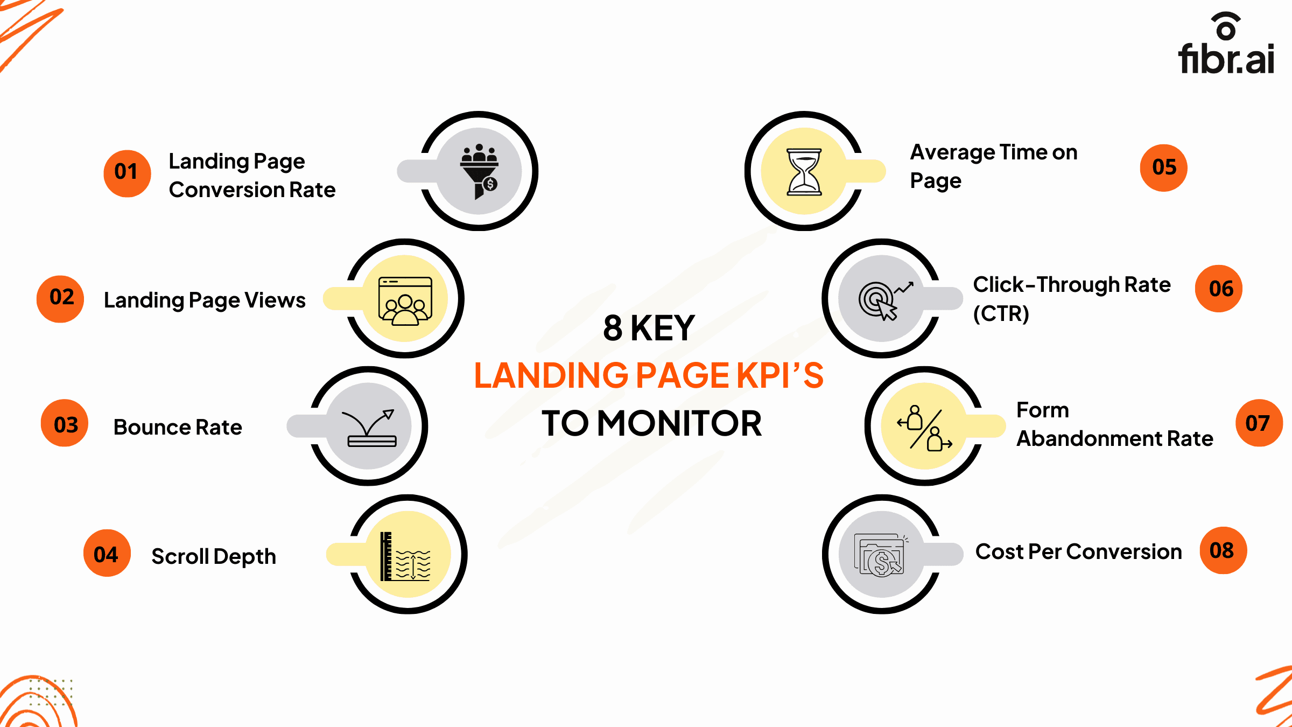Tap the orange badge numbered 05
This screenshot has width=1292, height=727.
coord(1163,168)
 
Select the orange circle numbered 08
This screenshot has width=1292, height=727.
coord(1223,550)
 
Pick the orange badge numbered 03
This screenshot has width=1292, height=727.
coord(65,423)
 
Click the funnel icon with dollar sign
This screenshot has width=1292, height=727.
coord(479,171)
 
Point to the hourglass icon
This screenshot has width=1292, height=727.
coord(804,171)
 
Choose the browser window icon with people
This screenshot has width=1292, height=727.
coord(405,300)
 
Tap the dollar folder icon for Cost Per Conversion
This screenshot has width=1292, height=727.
coord(880,555)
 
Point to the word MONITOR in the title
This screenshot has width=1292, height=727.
coord(679,423)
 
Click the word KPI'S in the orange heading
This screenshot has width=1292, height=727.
coord(780,375)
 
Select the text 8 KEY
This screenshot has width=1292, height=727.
coord(649,328)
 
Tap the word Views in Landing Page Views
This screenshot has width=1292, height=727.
coord(275,300)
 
